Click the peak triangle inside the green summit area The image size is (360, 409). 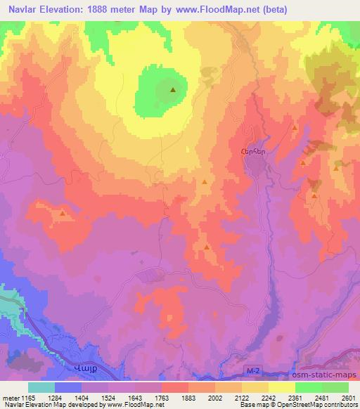(x=173, y=89)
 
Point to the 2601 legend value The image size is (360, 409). (x=348, y=397)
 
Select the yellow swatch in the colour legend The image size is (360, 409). (x=281, y=387)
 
